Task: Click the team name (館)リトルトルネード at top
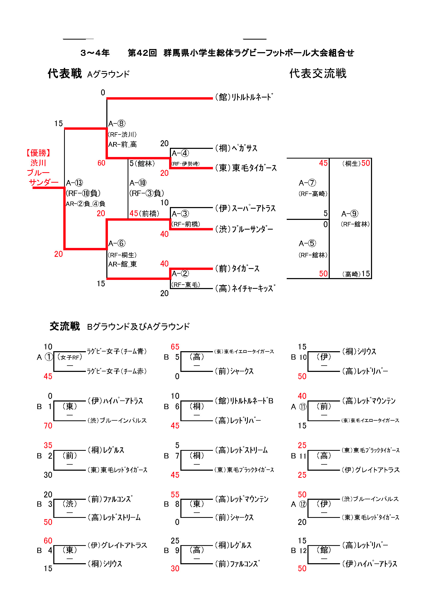pos(244,97)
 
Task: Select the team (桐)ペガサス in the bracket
pos(236,148)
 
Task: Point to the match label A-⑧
pos(117,124)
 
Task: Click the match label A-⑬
pos(75,183)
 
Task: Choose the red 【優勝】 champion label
pos(38,153)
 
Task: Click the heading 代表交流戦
pos(318,73)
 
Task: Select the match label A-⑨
pos(350,214)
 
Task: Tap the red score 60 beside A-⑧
pos(101,163)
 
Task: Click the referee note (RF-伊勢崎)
pos(185,164)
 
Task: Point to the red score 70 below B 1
pos(48,426)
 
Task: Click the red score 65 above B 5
pos(175,347)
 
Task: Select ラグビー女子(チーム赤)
pos(117,371)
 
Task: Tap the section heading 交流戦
pos(65,326)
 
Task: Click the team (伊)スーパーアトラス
pos(245,208)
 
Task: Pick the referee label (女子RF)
pos(70,357)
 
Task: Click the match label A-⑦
pos(307,183)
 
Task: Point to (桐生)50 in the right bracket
pos(356,163)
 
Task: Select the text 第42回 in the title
pos(142,53)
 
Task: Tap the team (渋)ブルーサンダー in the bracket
pos(244,229)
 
